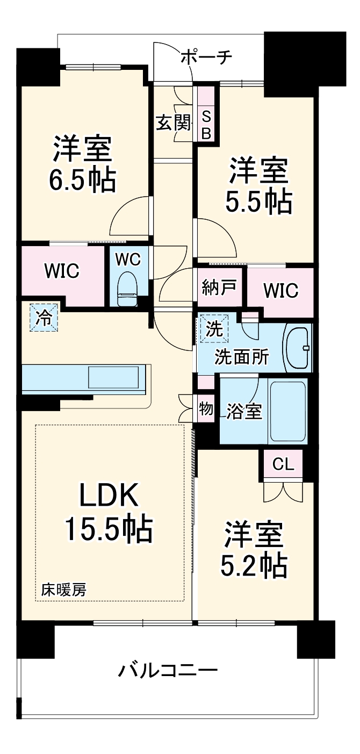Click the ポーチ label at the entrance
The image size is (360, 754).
206,56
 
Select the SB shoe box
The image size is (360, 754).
206,124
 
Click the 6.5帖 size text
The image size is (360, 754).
83,182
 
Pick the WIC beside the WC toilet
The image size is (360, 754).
62,271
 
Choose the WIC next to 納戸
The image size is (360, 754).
280,290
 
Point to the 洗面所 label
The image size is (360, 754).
242,357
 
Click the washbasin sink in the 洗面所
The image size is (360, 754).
297,347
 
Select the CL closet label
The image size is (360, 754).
283,464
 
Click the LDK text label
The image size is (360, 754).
109,496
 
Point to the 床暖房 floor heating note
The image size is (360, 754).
63,590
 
